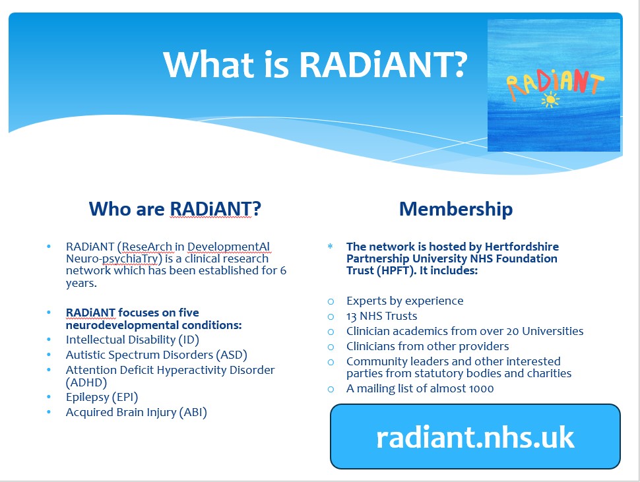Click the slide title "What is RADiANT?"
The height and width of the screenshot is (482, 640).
click(315, 65)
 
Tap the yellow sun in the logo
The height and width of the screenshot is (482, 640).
click(550, 100)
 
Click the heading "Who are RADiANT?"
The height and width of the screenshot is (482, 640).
click(175, 209)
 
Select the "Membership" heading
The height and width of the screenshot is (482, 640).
click(456, 209)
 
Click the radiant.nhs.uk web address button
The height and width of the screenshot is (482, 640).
click(475, 437)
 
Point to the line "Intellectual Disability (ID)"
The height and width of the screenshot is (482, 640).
click(133, 340)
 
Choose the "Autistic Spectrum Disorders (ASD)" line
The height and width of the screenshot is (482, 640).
click(157, 355)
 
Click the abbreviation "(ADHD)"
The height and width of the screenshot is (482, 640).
click(86, 382)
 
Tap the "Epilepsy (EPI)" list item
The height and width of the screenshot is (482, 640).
click(102, 397)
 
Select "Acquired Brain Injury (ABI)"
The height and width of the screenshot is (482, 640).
click(137, 412)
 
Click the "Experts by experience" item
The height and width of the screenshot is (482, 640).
click(405, 301)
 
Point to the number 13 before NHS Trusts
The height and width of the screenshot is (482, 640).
click(352, 316)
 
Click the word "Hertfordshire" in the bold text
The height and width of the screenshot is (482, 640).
click(522, 247)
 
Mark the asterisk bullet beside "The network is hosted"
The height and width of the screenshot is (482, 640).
click(330, 247)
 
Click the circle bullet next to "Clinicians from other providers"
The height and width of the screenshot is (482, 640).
click(331, 347)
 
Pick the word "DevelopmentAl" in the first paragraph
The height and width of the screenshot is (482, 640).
click(228, 247)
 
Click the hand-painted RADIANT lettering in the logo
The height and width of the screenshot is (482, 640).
click(555, 84)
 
